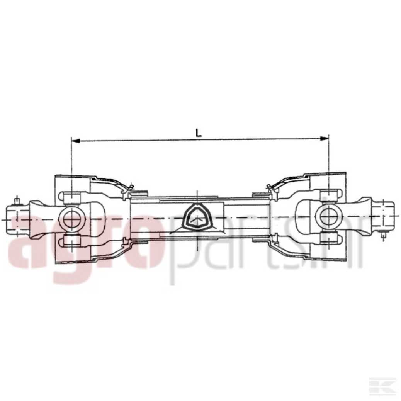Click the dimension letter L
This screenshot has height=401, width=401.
tap(199, 133)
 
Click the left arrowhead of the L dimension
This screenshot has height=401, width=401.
tap(75, 141)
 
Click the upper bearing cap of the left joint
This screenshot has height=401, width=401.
tap(72, 198)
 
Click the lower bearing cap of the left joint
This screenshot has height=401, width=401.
tap(72, 240)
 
